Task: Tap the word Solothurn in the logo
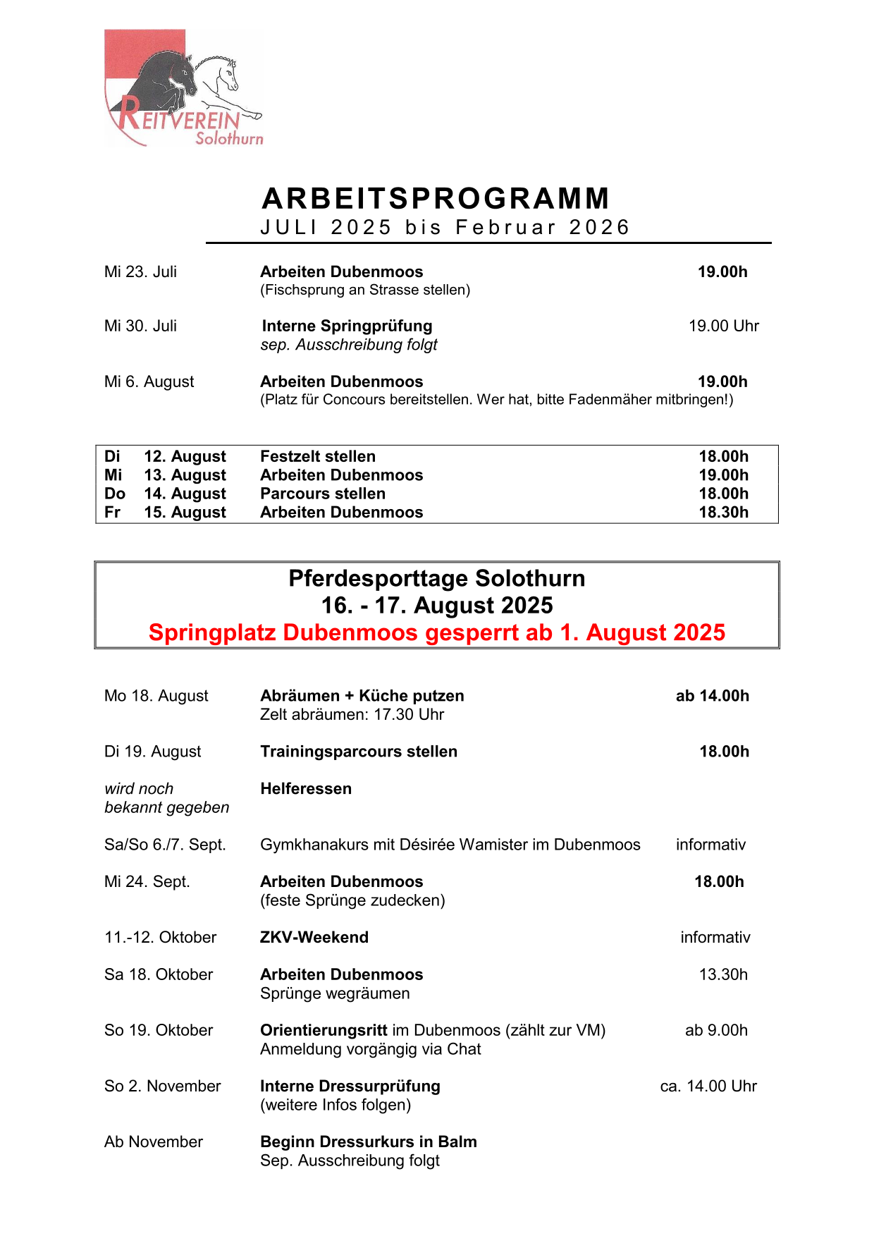229,139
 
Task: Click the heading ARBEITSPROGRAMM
436,199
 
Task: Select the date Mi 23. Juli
140,272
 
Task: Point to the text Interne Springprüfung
347,326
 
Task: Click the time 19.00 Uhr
723,326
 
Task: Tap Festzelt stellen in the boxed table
318,457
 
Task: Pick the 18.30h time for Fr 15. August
723,513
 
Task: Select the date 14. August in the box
185,494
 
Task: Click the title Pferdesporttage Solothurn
436,579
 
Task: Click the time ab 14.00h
712,697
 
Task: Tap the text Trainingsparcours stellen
359,752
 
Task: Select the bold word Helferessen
306,789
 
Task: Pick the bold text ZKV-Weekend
314,938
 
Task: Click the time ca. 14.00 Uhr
708,1087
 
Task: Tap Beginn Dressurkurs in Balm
368,1142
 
